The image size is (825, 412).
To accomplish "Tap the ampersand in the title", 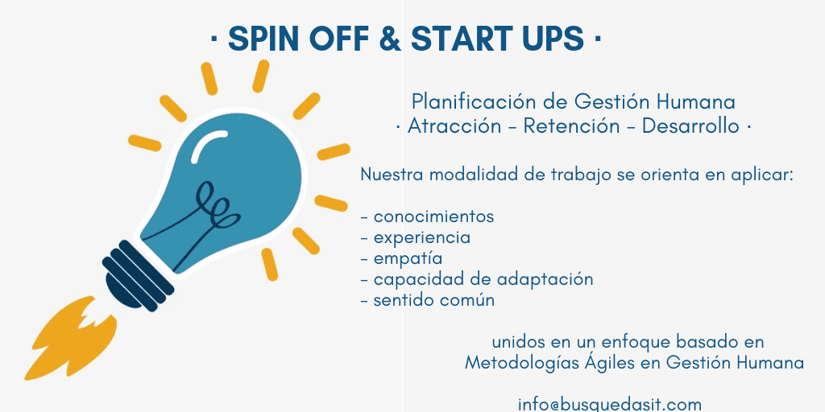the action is pos(390,39).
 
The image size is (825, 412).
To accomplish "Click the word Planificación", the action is pos(479,101).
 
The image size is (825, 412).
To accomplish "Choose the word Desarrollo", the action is pos(690,126).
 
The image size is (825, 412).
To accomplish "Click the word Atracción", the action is pos(454,126).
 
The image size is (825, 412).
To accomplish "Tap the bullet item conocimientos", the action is pos(433,216).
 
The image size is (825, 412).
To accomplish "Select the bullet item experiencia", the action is pos(422,237).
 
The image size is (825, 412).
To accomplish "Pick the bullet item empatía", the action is pos(408,258).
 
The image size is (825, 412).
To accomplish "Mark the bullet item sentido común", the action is pos(434,300).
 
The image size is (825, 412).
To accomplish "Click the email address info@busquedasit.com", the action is pos(610,405).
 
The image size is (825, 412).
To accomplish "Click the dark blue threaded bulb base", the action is pos(137,276).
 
